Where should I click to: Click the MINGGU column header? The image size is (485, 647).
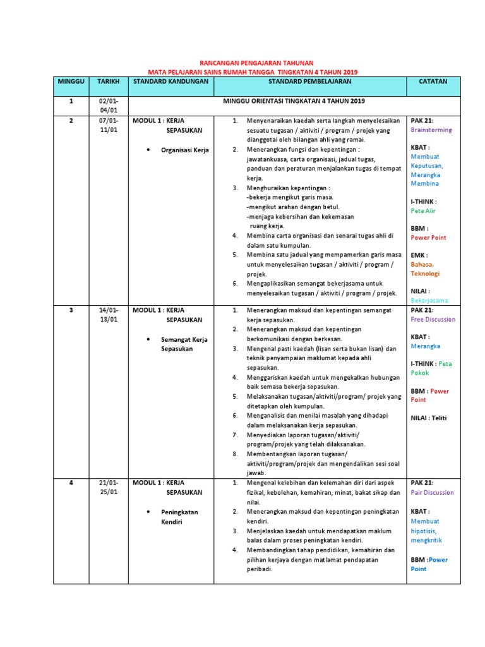point(71,82)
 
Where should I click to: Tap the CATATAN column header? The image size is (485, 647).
point(433,82)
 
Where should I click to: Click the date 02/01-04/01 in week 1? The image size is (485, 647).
point(108,106)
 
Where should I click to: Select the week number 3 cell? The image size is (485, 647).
point(71,310)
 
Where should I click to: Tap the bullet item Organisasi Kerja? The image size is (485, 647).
point(184,150)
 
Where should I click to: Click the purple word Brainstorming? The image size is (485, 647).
point(431,130)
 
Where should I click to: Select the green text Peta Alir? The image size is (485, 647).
point(423,211)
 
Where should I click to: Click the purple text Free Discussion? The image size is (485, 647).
point(433,320)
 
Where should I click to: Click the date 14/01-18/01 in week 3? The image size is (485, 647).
point(108,315)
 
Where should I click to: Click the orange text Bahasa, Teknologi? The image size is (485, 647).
point(425,269)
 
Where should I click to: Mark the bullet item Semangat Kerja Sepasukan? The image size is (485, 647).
point(184,344)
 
